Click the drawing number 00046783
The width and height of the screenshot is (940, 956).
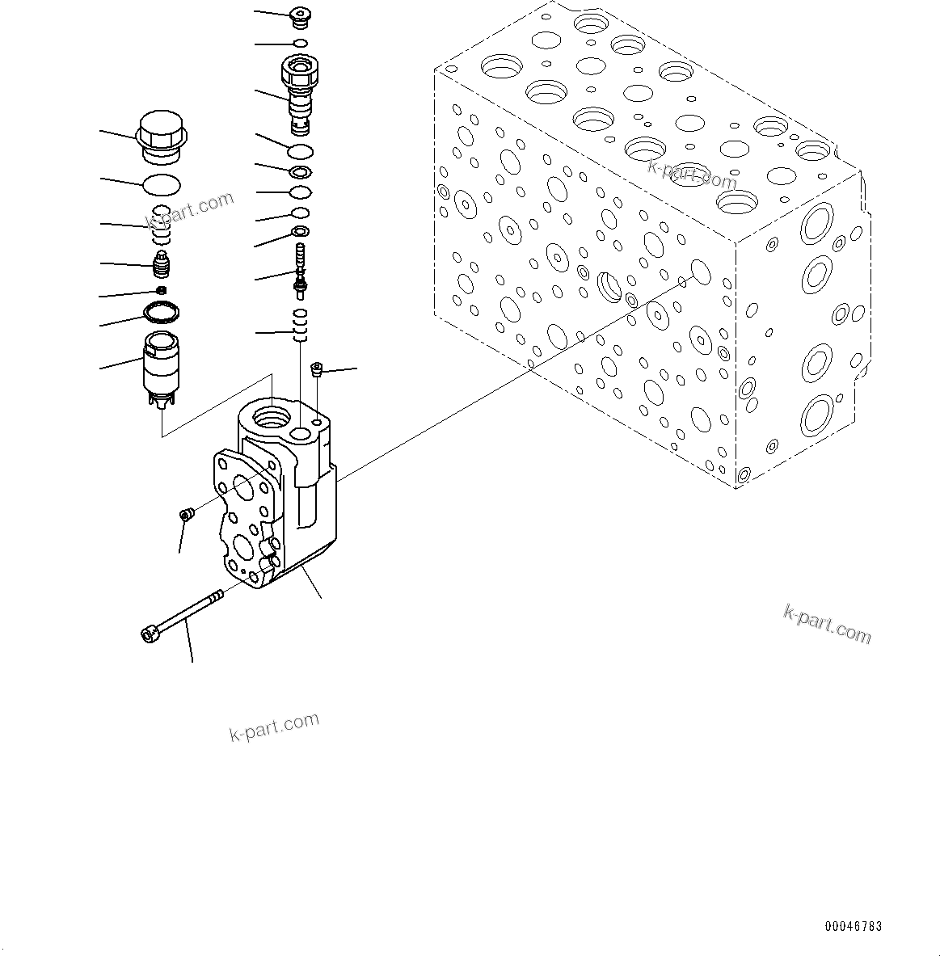[x=854, y=927]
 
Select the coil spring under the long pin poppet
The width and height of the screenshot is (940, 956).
[x=301, y=325]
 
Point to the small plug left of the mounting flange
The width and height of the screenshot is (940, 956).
[x=186, y=514]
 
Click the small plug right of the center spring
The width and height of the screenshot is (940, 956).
[x=317, y=369]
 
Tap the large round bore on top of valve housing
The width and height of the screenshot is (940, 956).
[x=270, y=418]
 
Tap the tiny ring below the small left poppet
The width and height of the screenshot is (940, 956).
[x=161, y=290]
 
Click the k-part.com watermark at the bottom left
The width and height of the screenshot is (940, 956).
[x=274, y=726]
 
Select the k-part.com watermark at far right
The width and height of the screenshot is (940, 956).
[x=827, y=624]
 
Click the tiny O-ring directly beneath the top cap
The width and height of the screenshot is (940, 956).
[x=300, y=43]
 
